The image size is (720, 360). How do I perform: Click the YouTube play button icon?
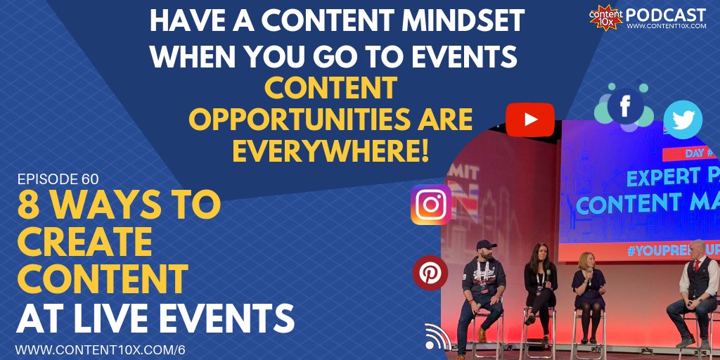(x=530, y=120)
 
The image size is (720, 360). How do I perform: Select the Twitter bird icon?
(x=682, y=120)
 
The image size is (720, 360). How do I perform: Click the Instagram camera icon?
(x=431, y=205)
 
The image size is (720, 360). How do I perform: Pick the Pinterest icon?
(x=430, y=273)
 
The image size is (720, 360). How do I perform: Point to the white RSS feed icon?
(x=437, y=337)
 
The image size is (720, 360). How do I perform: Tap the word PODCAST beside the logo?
(x=665, y=14)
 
